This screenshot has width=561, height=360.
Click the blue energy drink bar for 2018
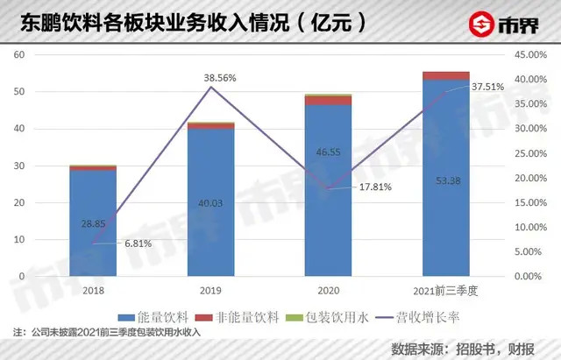coord(93,223)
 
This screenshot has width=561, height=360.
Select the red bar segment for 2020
coord(328,101)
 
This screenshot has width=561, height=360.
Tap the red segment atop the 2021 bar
coord(446,76)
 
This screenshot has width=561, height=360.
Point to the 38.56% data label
coord(220,78)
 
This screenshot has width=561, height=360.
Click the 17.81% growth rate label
coord(375,187)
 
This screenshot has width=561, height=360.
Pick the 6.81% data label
coord(138,244)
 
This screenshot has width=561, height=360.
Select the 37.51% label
coord(487,87)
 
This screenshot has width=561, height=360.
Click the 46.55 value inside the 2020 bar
coord(328,152)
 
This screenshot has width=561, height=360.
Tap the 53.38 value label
coord(448,181)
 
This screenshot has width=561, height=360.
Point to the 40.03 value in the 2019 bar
coord(210,203)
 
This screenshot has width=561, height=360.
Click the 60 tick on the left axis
coord(19,54)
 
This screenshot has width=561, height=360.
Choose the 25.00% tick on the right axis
coord(531,154)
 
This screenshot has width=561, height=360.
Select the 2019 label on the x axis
coord(210,291)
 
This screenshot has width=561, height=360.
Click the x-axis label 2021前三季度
coord(445,291)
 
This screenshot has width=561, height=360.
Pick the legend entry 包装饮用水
coord(327,317)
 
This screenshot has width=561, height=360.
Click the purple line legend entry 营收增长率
coord(418,317)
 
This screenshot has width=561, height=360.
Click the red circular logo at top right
coord(481,24)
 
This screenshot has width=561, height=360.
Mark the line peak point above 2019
coord(210,87)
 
